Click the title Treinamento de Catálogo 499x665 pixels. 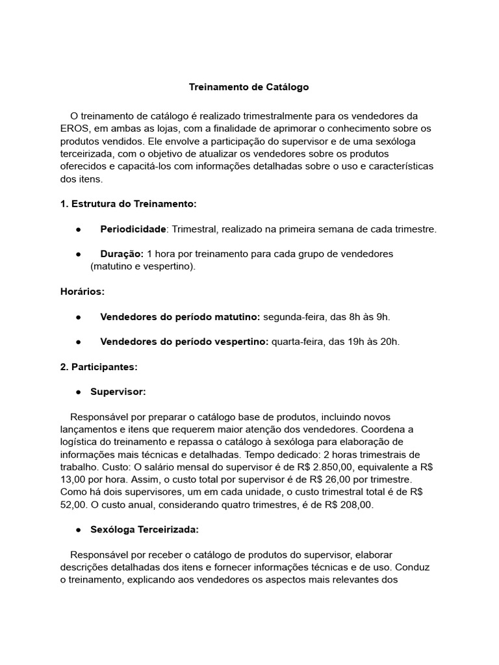[x=249, y=86]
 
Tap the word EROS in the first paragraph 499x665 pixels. [x=75, y=129]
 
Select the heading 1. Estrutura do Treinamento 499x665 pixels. [x=128, y=204]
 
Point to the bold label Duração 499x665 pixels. [x=122, y=254]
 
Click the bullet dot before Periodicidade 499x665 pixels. [x=77, y=229]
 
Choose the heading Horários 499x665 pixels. [x=82, y=292]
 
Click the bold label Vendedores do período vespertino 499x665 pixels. [x=184, y=342]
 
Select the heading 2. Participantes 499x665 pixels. [x=99, y=367]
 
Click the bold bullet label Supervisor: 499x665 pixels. [x=118, y=392]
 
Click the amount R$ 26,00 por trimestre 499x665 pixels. [x=365, y=479]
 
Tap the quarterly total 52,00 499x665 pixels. [x=73, y=504]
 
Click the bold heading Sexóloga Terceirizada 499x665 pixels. [x=144, y=529]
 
